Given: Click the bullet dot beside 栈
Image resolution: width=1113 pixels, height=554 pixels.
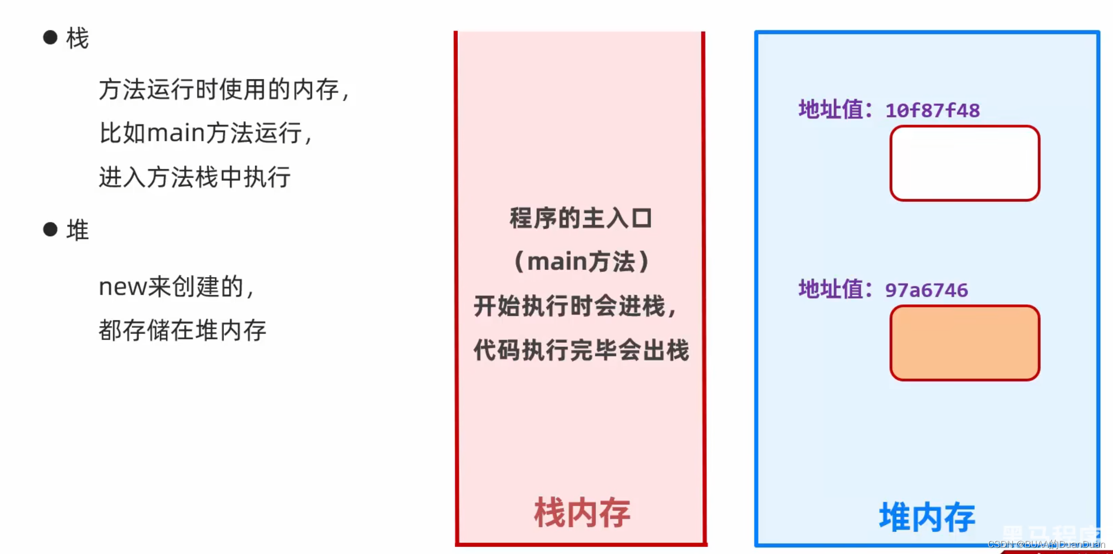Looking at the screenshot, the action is pos(50,37).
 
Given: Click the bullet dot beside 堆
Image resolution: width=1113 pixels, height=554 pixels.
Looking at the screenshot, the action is pos(50,229).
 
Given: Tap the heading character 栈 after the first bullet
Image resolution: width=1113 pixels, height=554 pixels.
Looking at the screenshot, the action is pos(78,38).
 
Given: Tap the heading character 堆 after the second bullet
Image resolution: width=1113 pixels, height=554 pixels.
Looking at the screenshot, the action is pos(78,230).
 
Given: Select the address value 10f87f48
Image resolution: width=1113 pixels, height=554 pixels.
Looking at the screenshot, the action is pos(932,111).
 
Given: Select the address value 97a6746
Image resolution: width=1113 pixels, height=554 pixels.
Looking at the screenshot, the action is pos(926,290).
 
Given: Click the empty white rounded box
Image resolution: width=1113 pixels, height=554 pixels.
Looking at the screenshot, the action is pos(965,163).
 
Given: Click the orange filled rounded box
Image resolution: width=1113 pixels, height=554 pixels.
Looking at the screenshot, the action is pos(965,343).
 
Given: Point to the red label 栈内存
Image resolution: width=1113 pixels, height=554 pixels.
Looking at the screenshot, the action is pos(582,513).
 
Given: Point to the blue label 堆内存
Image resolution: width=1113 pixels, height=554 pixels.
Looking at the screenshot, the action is pos(927,517).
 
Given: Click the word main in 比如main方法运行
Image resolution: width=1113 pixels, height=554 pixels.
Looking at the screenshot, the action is pos(176,133).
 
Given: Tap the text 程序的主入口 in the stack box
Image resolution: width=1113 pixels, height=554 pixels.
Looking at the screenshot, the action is pos(581,219).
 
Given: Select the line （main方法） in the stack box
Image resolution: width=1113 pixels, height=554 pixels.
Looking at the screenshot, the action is pos(581,262).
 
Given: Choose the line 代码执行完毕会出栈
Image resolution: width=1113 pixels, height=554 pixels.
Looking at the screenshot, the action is pos(581,351).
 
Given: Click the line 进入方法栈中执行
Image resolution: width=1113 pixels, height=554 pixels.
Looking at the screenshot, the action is pos(195,178).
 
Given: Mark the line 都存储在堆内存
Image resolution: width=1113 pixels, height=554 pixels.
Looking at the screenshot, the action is pos(182,330).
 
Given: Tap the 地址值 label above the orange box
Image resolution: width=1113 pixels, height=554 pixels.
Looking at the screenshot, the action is pos(834,290).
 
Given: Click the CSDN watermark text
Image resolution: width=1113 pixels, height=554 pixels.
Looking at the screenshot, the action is pos(1046,544).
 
